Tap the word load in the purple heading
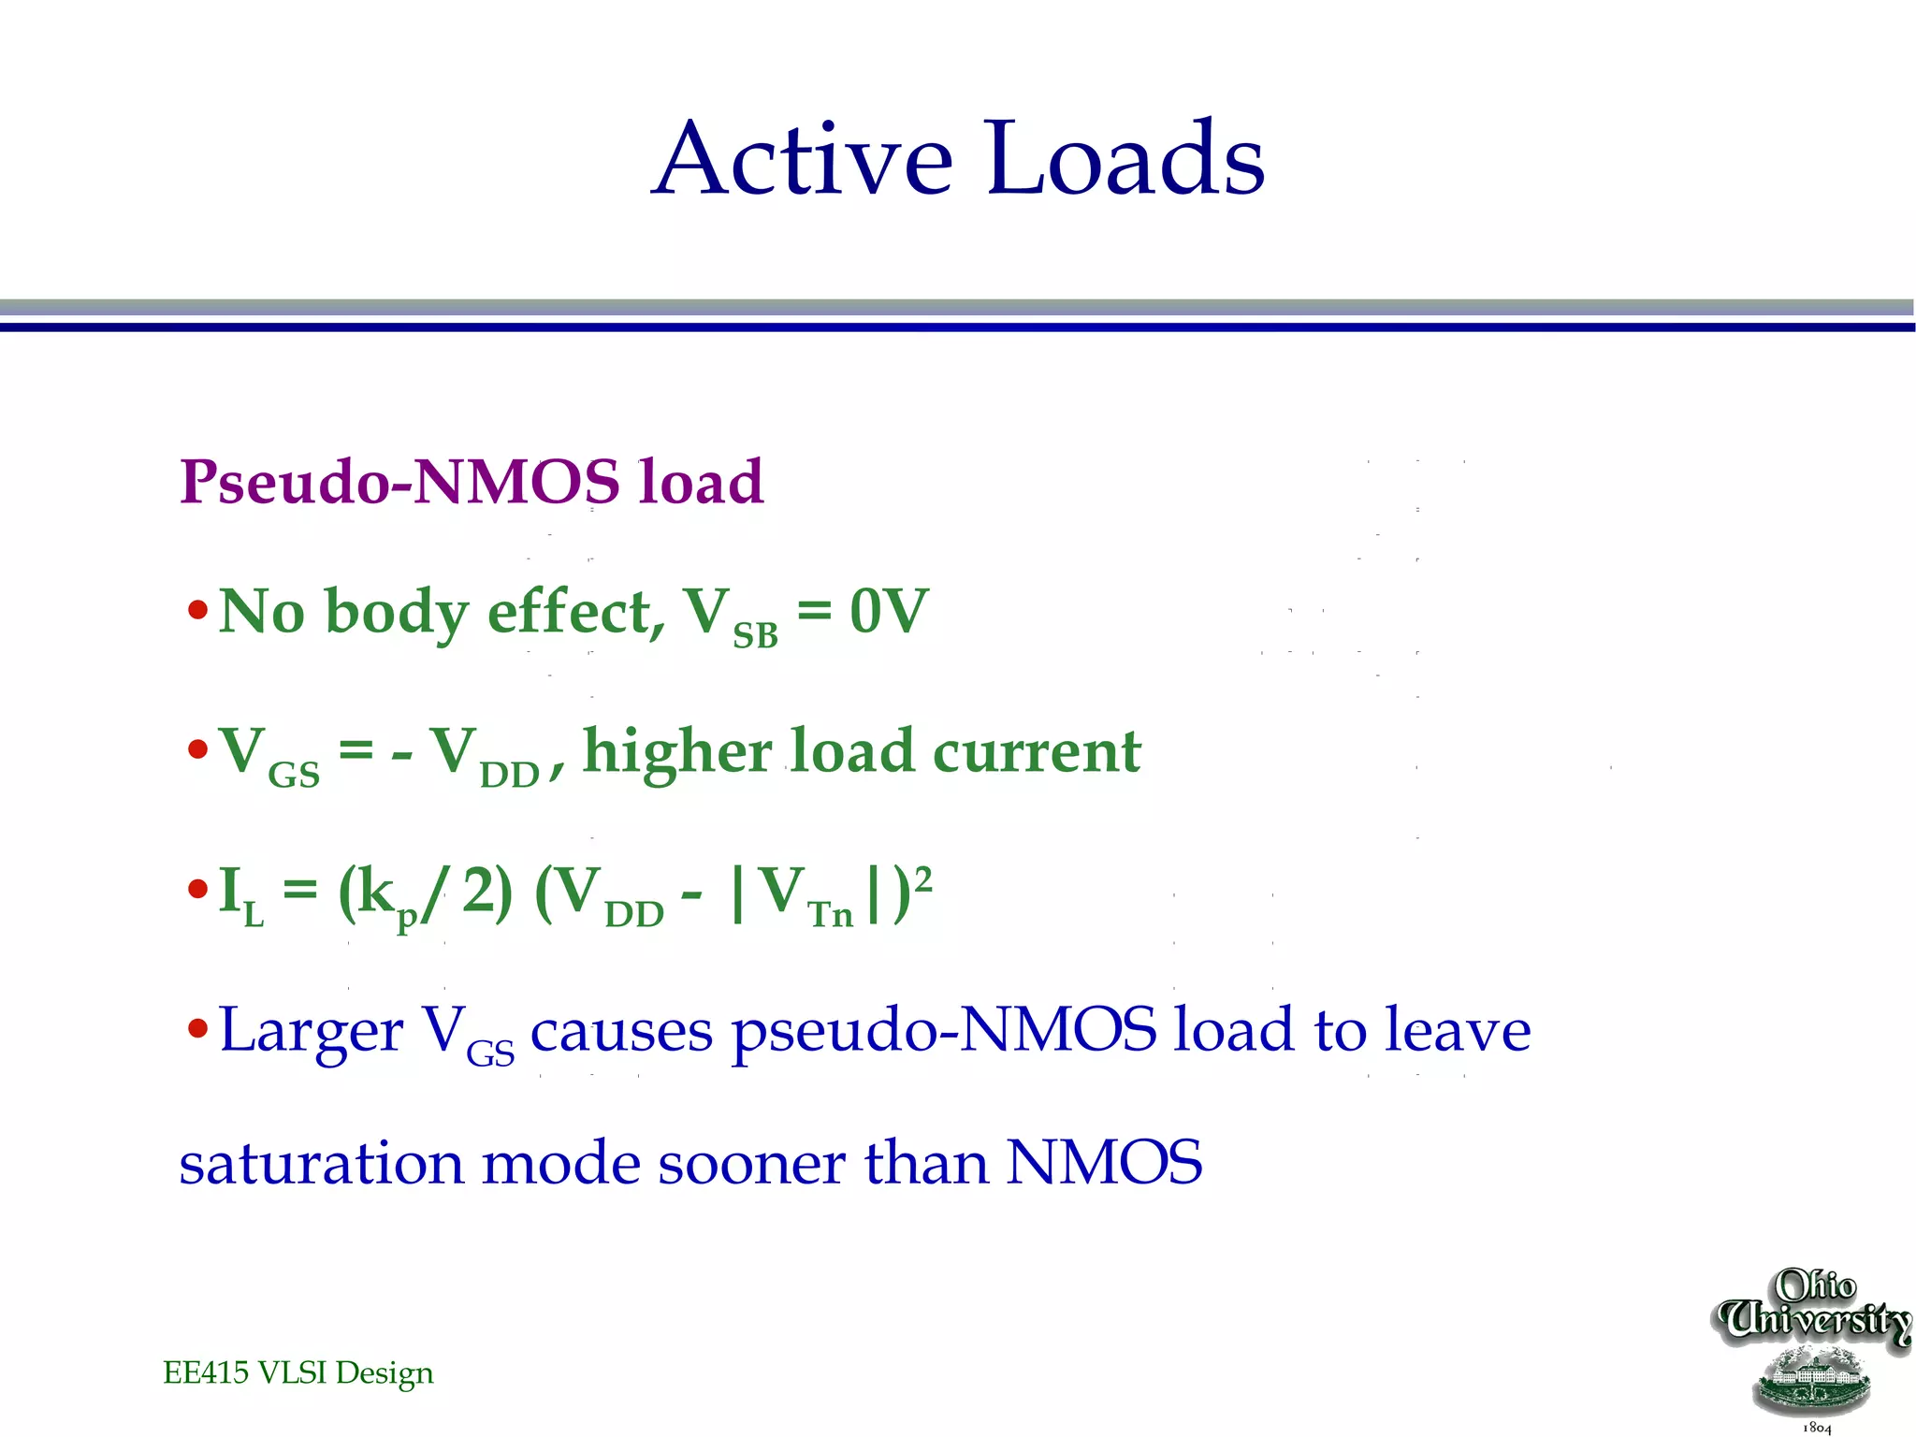click(x=701, y=483)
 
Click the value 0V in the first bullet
click(x=889, y=612)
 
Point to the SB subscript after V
click(x=755, y=636)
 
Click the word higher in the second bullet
click(x=677, y=752)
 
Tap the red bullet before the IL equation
click(x=197, y=889)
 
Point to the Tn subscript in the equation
click(x=831, y=914)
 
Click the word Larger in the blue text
click(x=311, y=1031)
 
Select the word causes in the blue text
click(x=621, y=1031)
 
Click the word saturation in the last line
click(x=321, y=1164)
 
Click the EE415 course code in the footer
click(x=206, y=1372)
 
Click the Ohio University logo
click(x=1814, y=1347)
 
